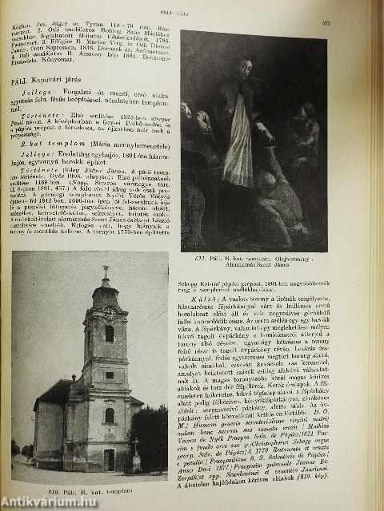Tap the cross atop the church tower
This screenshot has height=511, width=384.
(105, 272)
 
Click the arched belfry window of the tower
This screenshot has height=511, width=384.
(109, 334)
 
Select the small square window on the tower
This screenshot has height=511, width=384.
(109, 374)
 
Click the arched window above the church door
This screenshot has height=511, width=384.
(109, 415)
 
